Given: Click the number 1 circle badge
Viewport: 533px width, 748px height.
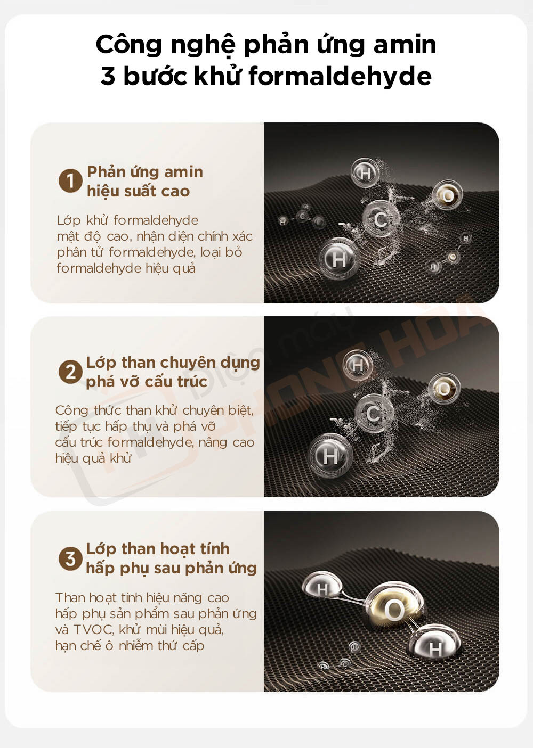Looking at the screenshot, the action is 70,180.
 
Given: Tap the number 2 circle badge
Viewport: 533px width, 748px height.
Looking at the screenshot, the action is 70,372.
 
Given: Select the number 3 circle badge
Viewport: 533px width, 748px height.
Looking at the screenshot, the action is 70,558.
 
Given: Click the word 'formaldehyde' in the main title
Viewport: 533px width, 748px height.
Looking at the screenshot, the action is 340,77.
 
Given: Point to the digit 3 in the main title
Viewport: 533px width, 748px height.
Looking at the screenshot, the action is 108,77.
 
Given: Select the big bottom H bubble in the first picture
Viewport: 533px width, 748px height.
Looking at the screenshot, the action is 338,259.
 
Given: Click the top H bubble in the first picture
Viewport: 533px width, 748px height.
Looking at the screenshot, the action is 365,172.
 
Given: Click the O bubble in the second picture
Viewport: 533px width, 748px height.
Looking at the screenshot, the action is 443,388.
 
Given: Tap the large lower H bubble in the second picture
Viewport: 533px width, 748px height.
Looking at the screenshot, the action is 330,455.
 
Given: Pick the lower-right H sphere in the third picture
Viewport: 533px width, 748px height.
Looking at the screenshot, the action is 435,649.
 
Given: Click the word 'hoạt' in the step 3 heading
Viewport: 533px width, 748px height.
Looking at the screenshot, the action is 176,549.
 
